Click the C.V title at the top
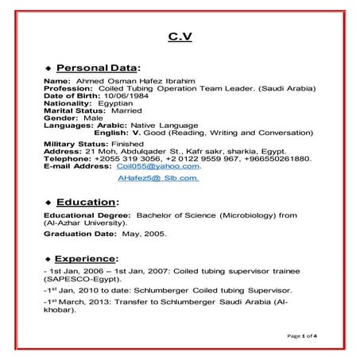[180, 37]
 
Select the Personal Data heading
[100, 68]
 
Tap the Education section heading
[88, 202]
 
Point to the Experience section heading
[91, 257]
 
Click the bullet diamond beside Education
[48, 203]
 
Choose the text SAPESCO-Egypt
[82, 280]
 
